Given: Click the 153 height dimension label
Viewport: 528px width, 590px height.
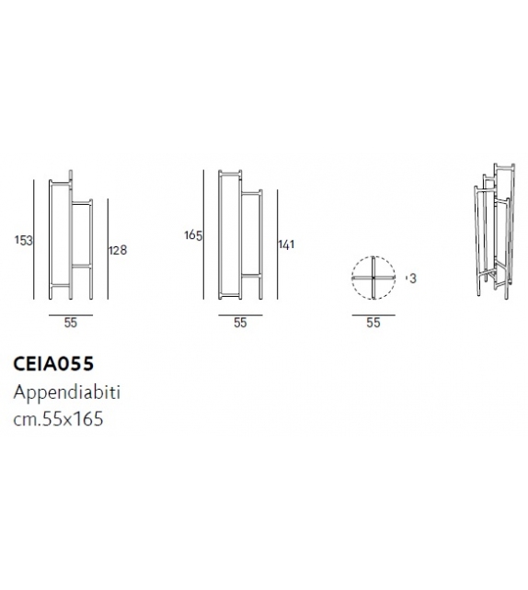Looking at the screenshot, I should point(25,240).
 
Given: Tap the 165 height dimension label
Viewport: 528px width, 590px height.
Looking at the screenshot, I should point(192,236).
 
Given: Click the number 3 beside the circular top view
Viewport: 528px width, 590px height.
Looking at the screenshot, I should point(412,278).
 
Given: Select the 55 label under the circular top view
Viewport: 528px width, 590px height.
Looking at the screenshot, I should point(373,323).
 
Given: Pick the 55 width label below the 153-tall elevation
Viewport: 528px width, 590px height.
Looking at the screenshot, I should point(71,323).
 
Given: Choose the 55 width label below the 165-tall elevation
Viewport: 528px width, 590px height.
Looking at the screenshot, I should point(240,323).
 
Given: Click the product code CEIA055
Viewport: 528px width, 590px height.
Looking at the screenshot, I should point(52,363).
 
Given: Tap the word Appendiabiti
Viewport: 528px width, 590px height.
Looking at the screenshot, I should point(67,391).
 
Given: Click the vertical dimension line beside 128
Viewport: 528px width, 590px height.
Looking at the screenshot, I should point(108,249).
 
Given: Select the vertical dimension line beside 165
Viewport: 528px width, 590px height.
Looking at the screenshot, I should point(204,234).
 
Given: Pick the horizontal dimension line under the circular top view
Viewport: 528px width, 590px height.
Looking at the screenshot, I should point(373,312).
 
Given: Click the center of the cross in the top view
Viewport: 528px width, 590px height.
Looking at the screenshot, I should point(373,278).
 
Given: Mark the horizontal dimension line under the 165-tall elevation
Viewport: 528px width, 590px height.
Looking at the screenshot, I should point(240,312).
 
